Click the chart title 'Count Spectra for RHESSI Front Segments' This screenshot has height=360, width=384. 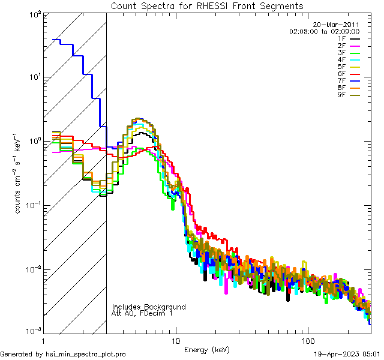(x=207, y=5)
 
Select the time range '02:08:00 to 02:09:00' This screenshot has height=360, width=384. (x=325, y=31)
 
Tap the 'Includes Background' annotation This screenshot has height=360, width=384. (x=149, y=307)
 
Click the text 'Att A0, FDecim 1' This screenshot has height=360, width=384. (x=142, y=313)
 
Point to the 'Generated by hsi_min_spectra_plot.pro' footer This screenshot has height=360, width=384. (x=63, y=354)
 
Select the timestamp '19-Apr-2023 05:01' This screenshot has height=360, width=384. (x=349, y=354)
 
